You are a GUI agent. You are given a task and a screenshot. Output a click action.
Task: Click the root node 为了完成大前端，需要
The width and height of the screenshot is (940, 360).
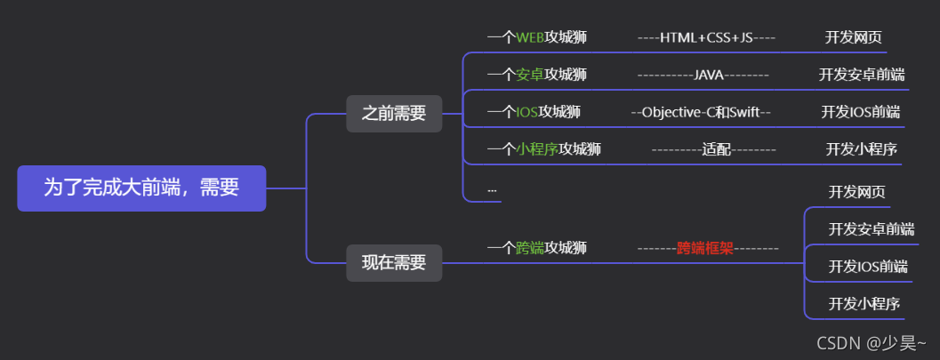[x=141, y=188]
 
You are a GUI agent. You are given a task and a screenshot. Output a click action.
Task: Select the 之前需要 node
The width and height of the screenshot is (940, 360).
[x=394, y=114]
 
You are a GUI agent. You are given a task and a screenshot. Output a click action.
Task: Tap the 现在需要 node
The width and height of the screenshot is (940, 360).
[x=394, y=263]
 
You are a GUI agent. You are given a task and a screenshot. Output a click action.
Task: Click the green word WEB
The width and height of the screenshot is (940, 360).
[x=530, y=37]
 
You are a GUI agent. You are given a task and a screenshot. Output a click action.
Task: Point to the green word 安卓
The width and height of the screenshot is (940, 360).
[x=530, y=75]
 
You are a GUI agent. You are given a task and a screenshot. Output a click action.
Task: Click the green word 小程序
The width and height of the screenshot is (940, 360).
[x=537, y=149]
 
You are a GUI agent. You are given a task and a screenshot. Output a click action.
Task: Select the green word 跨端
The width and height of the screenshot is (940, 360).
[x=530, y=248]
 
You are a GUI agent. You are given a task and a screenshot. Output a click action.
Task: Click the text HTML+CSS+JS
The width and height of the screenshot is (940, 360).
[x=707, y=37]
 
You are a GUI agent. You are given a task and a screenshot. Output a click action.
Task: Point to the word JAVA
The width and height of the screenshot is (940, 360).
[x=709, y=75]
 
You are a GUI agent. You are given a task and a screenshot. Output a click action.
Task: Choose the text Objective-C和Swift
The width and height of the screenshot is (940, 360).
[x=701, y=112]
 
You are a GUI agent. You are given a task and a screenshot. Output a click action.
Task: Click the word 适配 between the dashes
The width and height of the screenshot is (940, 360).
[x=716, y=149]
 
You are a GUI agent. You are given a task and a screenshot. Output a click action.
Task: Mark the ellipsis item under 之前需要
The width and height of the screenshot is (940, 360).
[x=492, y=189]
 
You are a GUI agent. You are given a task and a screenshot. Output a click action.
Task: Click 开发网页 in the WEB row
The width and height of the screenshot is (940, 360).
[x=854, y=37]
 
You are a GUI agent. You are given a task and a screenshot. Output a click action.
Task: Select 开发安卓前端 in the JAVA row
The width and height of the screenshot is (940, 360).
[x=862, y=75]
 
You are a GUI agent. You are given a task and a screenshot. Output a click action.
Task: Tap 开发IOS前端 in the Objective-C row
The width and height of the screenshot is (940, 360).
[x=860, y=112]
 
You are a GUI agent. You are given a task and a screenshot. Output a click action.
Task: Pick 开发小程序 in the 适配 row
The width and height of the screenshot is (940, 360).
[x=861, y=149]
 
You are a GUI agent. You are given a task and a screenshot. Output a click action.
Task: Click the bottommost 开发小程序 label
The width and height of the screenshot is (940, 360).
[x=860, y=303]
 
